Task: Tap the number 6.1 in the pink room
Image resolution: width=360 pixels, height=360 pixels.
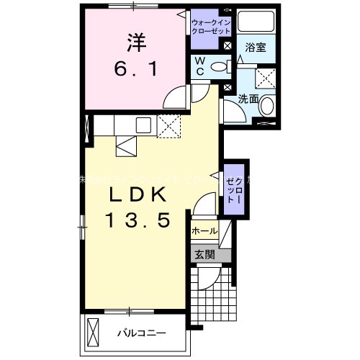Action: coord(138,70)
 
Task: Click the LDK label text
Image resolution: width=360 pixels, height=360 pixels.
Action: coord(139,195)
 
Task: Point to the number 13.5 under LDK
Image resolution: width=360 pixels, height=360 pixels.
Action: coord(139,221)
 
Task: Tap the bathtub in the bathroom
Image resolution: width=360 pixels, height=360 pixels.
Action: coord(256,21)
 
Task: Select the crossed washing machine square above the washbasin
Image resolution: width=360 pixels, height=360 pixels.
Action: coord(266,77)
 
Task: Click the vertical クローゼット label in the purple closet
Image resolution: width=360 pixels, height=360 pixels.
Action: coord(234,190)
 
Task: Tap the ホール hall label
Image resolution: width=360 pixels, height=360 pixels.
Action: coord(204,232)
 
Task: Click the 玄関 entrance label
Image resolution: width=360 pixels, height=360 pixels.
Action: coord(204,253)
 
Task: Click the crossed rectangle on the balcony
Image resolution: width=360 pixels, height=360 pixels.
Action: coord(93,333)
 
